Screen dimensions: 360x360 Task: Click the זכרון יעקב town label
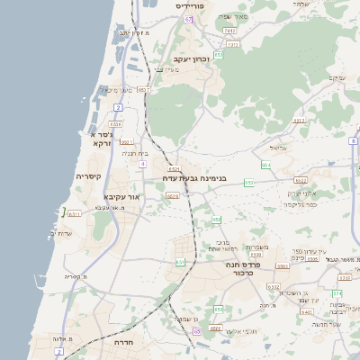click(188, 59)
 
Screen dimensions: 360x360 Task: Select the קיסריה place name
click(93, 176)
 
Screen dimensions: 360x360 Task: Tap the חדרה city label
click(123, 343)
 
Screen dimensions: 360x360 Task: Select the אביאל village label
click(278, 148)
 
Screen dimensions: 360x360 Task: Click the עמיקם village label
click(337, 78)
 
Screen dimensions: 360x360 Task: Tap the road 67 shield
click(189, 19)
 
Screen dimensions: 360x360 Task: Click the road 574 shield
click(337, 292)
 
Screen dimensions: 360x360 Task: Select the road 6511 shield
click(75, 214)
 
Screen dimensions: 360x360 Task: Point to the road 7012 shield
click(230, 31)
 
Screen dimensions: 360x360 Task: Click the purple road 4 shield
click(141, 165)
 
